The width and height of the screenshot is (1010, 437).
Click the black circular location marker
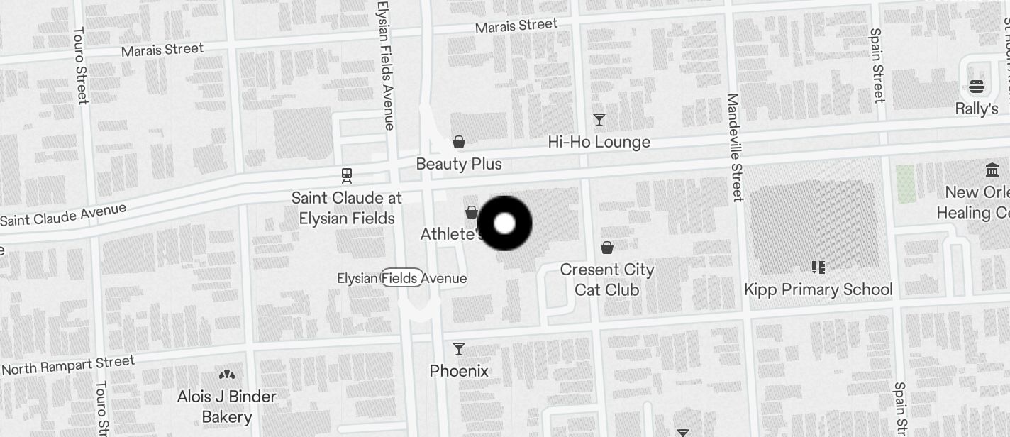click(504, 223)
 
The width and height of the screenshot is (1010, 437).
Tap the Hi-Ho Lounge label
click(599, 142)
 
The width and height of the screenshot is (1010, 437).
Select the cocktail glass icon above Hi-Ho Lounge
click(599, 120)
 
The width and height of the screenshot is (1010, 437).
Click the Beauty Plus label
click(459, 164)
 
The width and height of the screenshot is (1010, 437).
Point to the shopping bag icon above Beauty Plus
click(459, 143)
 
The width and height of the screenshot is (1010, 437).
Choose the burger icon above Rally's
click(977, 87)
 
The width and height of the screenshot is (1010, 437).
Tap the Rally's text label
click(977, 109)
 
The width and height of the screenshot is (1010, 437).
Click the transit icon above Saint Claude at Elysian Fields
click(347, 175)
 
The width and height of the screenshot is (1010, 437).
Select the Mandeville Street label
click(735, 148)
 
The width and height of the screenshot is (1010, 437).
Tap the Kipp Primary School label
click(818, 289)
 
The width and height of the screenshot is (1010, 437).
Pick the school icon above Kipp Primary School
click(818, 267)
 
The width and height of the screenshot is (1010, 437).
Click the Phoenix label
click(459, 371)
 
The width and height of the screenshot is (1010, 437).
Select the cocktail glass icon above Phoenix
click(459, 349)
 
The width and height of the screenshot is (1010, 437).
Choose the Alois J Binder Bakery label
click(227, 406)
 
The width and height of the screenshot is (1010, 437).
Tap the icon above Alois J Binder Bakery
click(227, 375)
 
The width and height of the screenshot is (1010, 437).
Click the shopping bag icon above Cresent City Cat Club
click(607, 248)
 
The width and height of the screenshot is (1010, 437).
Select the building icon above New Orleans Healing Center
click(992, 170)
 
